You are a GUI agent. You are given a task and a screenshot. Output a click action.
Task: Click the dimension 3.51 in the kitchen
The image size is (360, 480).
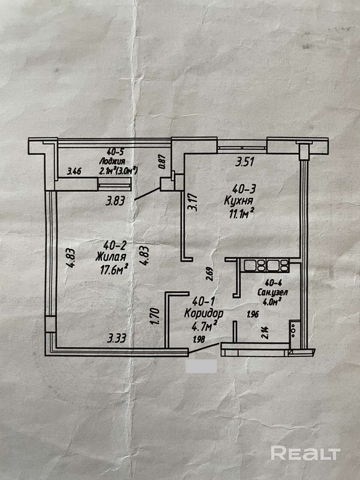(245, 161)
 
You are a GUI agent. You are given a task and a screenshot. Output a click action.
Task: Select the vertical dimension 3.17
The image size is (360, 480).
(193, 200)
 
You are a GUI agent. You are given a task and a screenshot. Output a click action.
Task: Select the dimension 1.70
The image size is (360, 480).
(155, 316)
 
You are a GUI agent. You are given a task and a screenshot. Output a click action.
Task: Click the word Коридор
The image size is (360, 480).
(205, 314)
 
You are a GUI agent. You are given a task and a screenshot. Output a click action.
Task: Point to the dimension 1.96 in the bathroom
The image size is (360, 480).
(253, 313)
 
